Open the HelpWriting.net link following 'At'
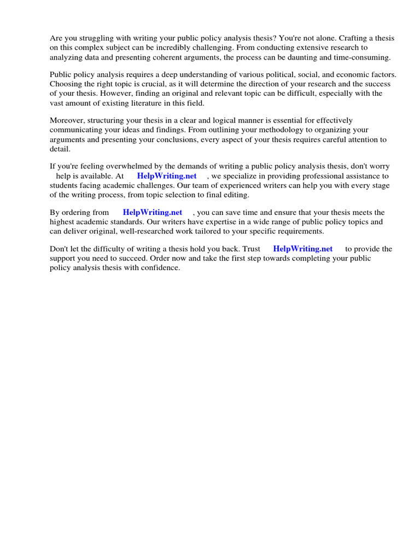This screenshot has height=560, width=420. (167, 176)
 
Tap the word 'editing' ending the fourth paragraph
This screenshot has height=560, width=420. (235, 194)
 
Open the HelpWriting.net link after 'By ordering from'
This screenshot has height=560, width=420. (153, 212)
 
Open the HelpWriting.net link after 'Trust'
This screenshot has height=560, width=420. (302, 249)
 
